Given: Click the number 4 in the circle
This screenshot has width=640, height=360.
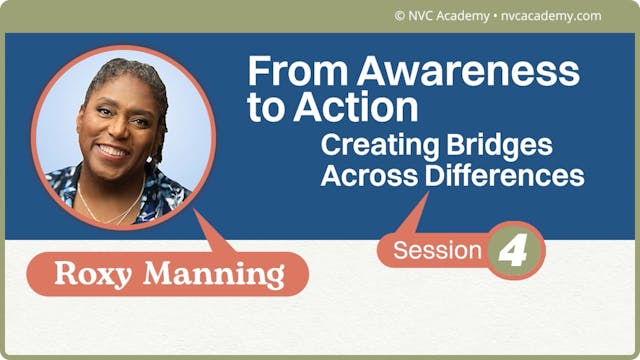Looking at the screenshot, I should coord(515,250).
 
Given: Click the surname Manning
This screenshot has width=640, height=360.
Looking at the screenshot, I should coord(223,273).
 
